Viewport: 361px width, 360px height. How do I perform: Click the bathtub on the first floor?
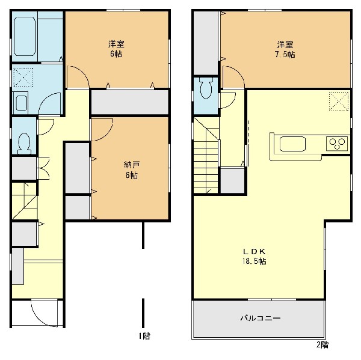[x=25, y=36]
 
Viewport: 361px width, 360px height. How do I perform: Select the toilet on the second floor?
[x=206, y=88]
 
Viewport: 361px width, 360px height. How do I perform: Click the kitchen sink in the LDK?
[x=292, y=144]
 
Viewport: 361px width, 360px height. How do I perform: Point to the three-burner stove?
[x=337, y=144]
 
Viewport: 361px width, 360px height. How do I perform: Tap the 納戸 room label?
[x=132, y=165]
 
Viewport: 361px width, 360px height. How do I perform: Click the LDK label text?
[x=255, y=251]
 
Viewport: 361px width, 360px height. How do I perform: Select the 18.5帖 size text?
[x=254, y=261]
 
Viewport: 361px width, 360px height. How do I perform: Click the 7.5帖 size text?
[x=285, y=54]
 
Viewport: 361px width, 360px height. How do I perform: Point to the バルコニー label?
[x=261, y=319]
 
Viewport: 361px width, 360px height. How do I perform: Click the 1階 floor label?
[x=144, y=337]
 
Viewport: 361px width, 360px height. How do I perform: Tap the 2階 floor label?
[x=322, y=344]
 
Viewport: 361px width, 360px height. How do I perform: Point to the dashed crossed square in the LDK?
[x=339, y=101]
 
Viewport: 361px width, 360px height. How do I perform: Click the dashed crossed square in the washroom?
[x=23, y=78]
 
